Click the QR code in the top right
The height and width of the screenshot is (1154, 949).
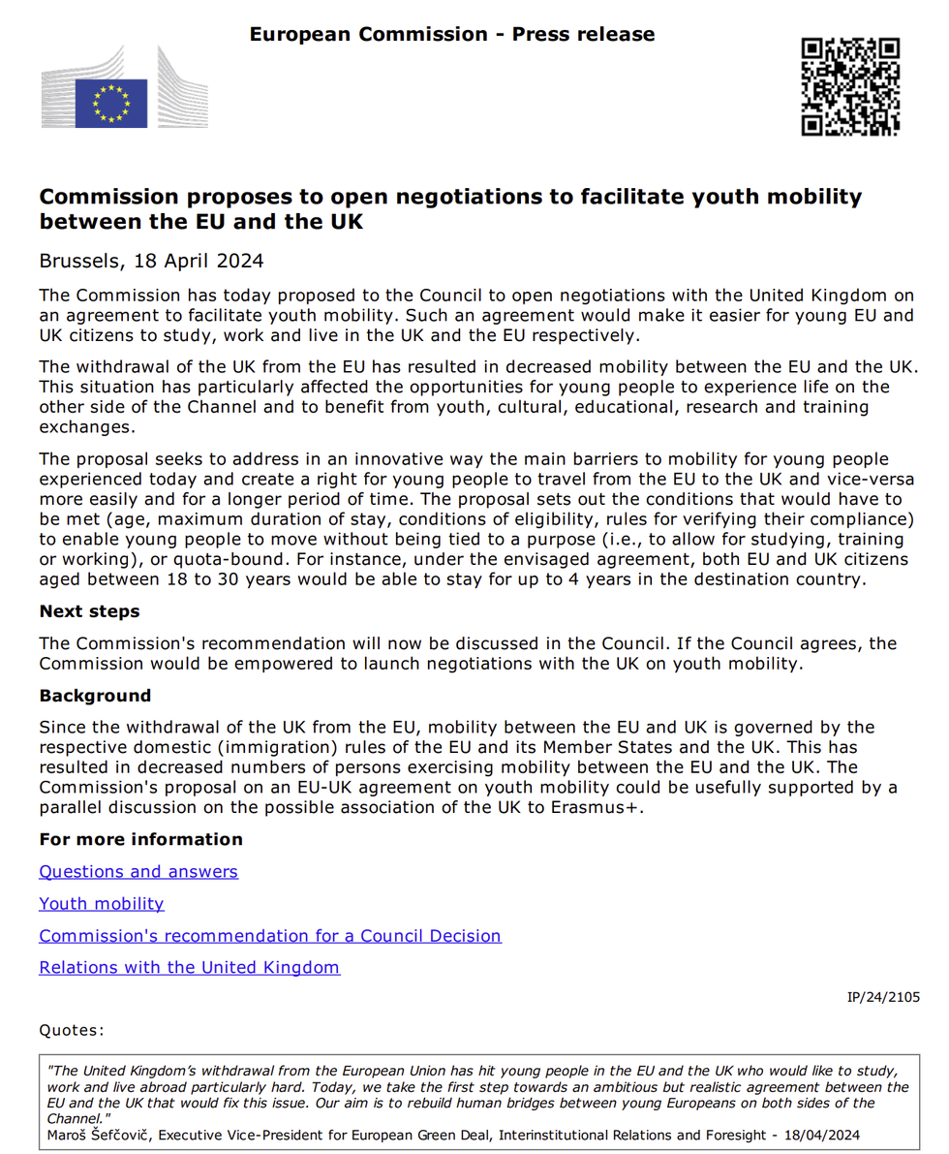(851, 86)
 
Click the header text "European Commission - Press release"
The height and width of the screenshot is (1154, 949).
(452, 35)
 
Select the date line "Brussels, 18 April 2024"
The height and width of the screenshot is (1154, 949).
(151, 261)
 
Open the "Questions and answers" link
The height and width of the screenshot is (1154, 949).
(138, 871)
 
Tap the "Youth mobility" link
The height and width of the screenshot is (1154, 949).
(102, 903)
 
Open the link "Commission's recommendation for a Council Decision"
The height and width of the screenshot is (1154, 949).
(270, 935)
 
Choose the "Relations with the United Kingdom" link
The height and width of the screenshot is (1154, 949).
(190, 967)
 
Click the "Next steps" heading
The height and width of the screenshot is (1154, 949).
(89, 611)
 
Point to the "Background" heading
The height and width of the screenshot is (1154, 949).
(95, 696)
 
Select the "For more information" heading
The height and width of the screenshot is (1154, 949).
(140, 839)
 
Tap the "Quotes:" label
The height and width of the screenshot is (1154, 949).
(72, 1031)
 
